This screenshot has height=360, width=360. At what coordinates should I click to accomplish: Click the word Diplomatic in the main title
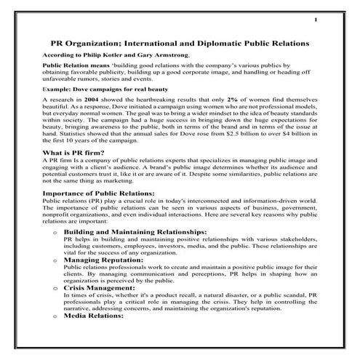(217, 44)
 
